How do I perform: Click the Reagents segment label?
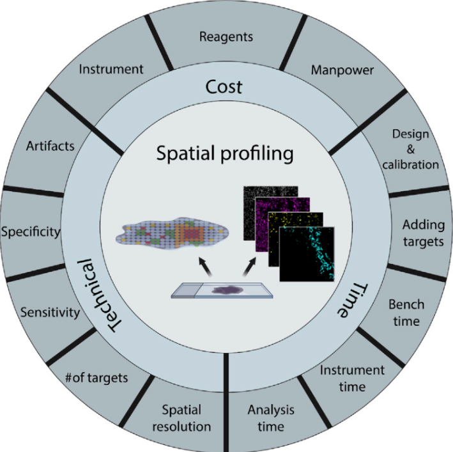[x=226, y=36]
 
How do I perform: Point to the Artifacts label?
[x=50, y=146]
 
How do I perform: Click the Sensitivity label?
[x=50, y=313]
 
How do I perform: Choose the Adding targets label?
[x=424, y=233]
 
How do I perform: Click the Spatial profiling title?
[x=226, y=153]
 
